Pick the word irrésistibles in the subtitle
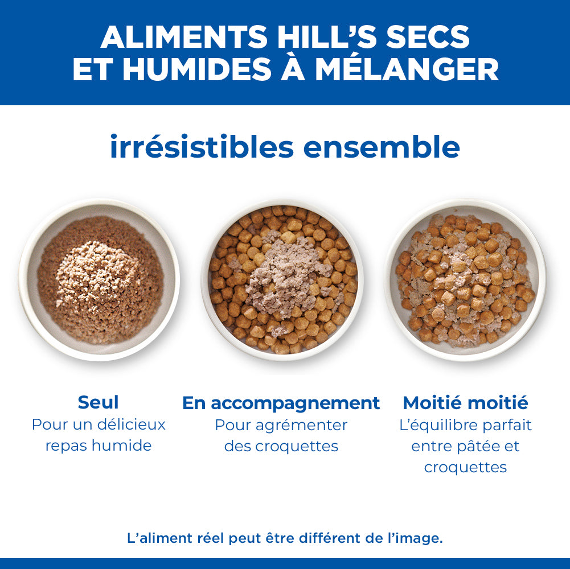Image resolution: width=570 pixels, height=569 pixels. [202, 147]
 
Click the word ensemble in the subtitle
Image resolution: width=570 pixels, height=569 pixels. [382, 147]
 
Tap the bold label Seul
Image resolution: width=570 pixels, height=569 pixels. [98, 402]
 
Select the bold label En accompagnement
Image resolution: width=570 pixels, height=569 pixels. [281, 403]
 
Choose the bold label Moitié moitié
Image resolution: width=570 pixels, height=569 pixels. [465, 403]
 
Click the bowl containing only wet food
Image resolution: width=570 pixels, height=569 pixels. [99, 280]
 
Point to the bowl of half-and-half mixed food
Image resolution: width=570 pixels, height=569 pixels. [465, 280]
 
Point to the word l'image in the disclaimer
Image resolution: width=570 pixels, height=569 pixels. [416, 538]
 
